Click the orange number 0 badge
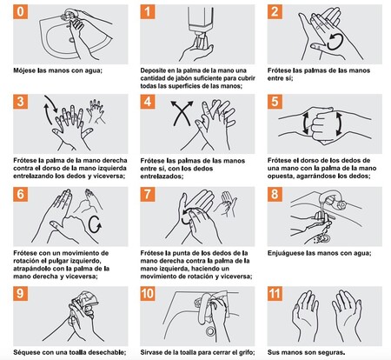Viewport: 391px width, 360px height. click(x=21, y=12)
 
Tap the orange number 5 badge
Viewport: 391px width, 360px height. click(x=275, y=102)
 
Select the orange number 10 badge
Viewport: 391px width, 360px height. click(x=148, y=294)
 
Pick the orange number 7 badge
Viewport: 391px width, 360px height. click(x=148, y=194)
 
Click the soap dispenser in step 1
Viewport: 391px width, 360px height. click(x=201, y=23)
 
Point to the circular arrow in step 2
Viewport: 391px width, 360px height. click(x=335, y=42)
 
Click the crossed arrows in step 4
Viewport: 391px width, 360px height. click(x=182, y=113)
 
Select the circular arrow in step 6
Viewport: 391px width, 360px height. click(x=95, y=224)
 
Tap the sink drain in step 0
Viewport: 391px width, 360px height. click(x=71, y=39)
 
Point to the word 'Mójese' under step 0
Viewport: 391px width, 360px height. click(x=24, y=70)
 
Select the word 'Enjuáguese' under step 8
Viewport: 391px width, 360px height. click(x=286, y=253)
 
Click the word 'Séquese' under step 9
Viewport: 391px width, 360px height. click(x=26, y=352)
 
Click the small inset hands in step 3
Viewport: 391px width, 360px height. click(x=96, y=111)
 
